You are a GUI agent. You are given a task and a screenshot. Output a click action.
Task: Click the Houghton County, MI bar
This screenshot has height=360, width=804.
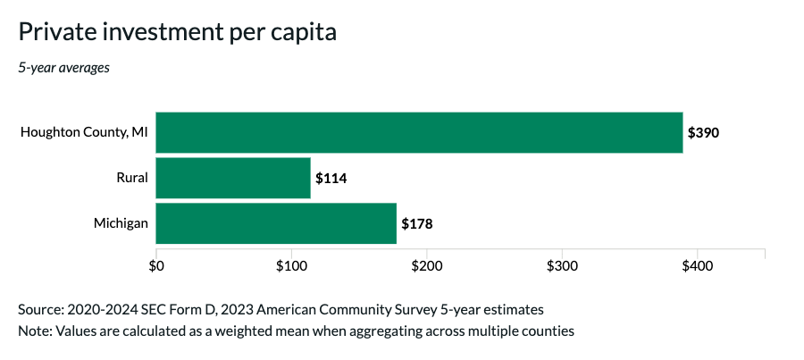tap(419, 132)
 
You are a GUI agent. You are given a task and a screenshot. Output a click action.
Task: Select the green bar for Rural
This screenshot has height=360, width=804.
tap(233, 178)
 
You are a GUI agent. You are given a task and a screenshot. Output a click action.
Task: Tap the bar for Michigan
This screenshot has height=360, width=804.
tap(276, 223)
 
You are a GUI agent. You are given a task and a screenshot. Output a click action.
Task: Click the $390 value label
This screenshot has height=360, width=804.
tap(703, 132)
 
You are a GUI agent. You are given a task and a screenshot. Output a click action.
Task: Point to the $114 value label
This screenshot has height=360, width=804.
tap(331, 178)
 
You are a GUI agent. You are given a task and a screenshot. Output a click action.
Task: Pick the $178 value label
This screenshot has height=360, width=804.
tap(416, 223)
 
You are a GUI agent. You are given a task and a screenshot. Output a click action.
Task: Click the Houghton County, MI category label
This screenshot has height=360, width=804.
tap(84, 132)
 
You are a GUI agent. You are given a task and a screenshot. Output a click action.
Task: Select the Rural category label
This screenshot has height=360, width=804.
tap(131, 178)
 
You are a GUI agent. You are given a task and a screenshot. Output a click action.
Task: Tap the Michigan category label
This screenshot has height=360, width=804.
tap(121, 223)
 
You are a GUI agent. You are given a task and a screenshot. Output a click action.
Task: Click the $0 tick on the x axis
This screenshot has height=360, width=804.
tap(156, 266)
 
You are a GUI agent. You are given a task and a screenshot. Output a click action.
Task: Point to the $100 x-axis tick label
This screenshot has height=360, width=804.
tap(291, 266)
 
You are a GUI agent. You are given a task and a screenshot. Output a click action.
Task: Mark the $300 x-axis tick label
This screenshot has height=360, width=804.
tap(562, 266)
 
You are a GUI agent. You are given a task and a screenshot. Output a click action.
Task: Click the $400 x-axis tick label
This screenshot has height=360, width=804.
tap(697, 266)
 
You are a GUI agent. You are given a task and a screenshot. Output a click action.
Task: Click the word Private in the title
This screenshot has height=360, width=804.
tap(54, 32)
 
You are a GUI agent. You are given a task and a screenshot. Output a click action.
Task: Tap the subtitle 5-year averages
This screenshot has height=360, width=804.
tap(64, 68)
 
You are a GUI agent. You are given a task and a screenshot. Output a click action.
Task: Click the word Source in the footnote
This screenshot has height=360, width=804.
tap(40, 309)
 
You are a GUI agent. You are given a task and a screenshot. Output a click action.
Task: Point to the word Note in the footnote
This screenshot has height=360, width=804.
tap(34, 331)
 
